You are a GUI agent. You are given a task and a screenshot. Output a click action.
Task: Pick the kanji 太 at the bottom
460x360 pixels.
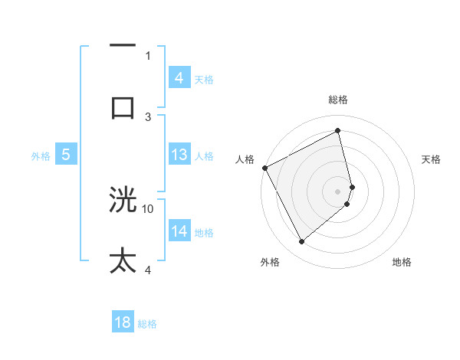coord(123,260)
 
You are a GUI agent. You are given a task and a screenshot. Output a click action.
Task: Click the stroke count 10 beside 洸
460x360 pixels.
coord(148,208)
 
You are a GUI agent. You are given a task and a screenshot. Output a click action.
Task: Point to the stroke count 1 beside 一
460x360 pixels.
coord(148,55)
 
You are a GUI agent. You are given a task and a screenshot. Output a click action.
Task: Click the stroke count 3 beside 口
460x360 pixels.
coord(148,116)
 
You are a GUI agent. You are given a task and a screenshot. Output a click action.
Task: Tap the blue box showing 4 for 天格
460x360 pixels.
coord(179,77)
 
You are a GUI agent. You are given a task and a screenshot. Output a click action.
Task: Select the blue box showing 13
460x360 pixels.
coord(179,155)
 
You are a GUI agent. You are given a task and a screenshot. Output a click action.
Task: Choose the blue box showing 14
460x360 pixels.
coord(179,231)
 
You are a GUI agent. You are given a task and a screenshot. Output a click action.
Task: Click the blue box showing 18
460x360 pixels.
coord(123,322)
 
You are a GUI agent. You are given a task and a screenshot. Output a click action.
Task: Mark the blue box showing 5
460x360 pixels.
coord(66,155)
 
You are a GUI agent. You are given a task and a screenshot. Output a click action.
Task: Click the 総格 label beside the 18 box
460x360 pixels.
coord(147,324)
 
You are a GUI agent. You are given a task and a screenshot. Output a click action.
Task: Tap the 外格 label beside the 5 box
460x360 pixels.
coord(41,156)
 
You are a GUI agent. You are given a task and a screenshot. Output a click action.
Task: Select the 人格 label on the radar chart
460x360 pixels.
coord(245,159)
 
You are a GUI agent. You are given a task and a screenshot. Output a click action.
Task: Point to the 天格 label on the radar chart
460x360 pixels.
coord(432,159)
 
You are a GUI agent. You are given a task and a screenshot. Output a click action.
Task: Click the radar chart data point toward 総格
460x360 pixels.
coord(337,130)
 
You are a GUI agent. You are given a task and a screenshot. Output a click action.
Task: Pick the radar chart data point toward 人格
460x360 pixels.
coord(264,168)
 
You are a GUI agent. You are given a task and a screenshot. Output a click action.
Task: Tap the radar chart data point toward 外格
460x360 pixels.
coord(301,241)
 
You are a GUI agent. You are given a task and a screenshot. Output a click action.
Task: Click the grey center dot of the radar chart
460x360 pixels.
coord(338,191)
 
